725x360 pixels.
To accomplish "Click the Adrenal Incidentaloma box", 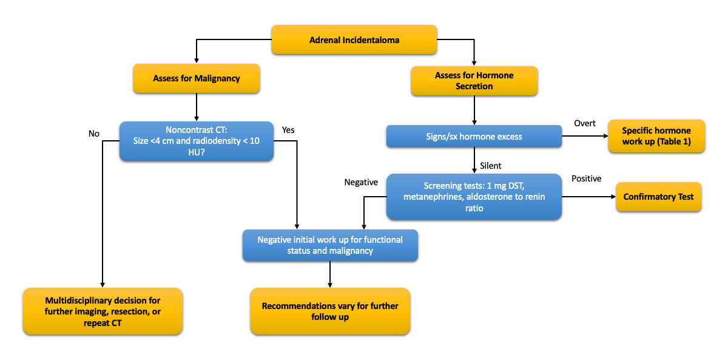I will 354,41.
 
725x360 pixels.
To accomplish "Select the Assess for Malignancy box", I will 196,78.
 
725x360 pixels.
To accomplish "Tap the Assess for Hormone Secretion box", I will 474,81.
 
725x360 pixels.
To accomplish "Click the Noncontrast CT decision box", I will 196,141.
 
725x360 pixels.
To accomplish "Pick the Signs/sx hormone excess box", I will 474,137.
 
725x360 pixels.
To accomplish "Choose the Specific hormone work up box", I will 656,137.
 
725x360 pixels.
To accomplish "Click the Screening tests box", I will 474,197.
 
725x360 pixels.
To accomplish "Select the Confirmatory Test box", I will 658,197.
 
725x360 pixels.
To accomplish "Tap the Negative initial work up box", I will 329,245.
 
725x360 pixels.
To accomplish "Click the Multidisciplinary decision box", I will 103,311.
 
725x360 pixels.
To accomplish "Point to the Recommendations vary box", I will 329,311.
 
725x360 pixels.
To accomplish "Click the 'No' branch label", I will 93,134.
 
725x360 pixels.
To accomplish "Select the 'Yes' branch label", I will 288,129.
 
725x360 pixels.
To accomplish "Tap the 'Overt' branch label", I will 585,124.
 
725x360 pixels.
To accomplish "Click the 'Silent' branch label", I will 490,166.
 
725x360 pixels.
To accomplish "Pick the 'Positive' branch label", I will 586,178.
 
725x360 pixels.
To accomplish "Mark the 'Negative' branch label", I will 361,182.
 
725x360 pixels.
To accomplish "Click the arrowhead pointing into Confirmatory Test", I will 612,197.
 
